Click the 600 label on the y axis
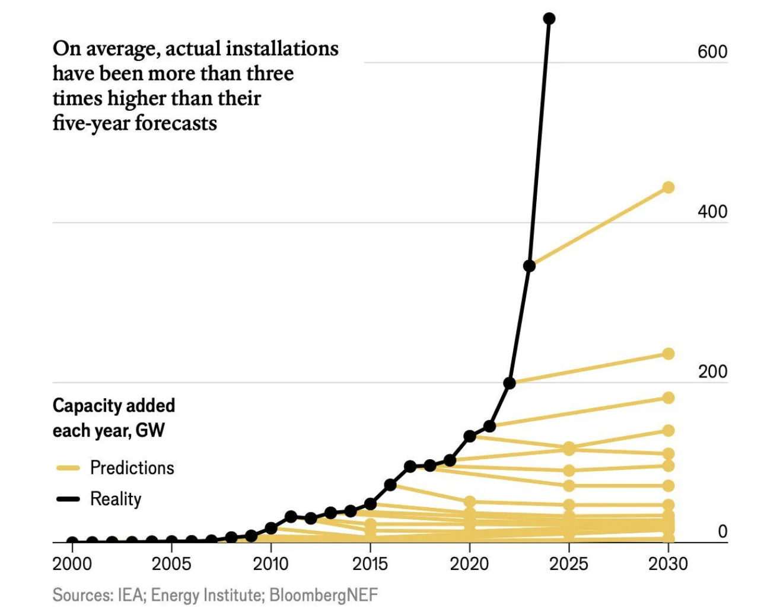point(712,52)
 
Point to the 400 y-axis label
point(712,212)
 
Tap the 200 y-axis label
point(712,371)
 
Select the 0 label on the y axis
point(722,531)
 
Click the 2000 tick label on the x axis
point(72,563)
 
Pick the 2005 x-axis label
point(171,563)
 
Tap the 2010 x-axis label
point(271,563)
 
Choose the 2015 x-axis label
point(370,563)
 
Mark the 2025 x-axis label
point(569,563)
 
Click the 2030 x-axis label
point(668,563)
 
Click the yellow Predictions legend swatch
point(68,468)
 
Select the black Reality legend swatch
point(68,499)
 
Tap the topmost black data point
point(549,19)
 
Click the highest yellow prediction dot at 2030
point(668,187)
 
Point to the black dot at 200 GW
point(509,383)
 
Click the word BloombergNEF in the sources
point(323,595)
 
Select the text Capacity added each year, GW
point(113,418)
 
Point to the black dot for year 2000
point(72,542)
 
